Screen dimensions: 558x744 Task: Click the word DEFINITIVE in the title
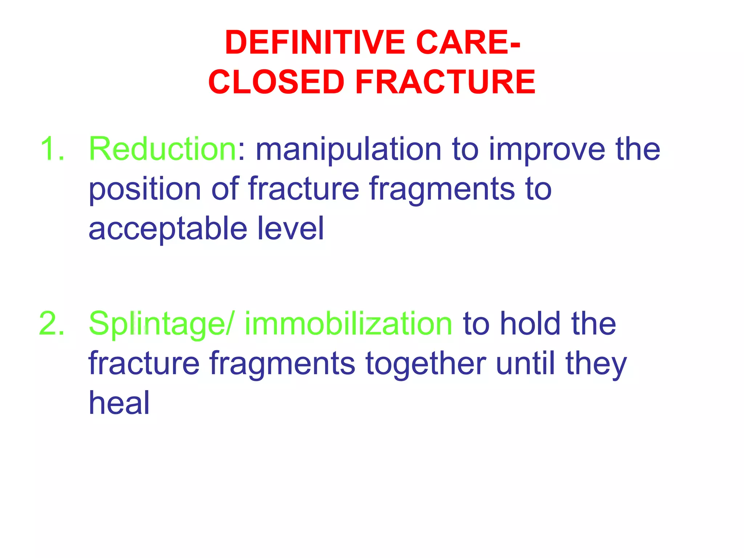click(x=315, y=43)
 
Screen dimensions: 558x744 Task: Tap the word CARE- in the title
click(x=468, y=43)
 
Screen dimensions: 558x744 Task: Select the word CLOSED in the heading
click(x=276, y=82)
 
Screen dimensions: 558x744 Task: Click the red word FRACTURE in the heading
click(x=445, y=82)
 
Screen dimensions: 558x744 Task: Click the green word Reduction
click(x=163, y=149)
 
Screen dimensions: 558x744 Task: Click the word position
click(x=145, y=190)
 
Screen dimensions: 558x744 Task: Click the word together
click(x=425, y=364)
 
